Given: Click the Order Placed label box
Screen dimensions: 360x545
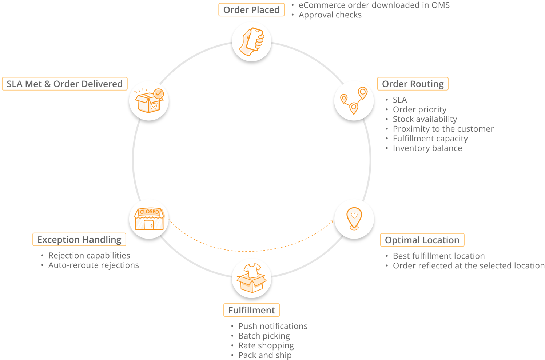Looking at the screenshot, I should pyautogui.click(x=251, y=10).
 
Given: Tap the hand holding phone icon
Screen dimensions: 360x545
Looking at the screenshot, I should pyautogui.click(x=251, y=41).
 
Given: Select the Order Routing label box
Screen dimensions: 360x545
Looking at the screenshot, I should pyautogui.click(x=413, y=84).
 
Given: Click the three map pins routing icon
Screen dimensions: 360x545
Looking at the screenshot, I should pyautogui.click(x=354, y=100).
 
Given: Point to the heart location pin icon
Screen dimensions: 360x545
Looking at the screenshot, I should pyautogui.click(x=354, y=219).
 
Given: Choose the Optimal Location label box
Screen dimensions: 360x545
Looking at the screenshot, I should pyautogui.click(x=422, y=240).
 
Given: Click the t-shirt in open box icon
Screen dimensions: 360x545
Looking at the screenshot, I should pyautogui.click(x=251, y=278).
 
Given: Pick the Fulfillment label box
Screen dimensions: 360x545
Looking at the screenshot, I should pyautogui.click(x=251, y=310).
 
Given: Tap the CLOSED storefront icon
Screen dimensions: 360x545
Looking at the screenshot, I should pyautogui.click(x=149, y=219).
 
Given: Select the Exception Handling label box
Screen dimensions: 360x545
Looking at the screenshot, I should pyautogui.click(x=79, y=240).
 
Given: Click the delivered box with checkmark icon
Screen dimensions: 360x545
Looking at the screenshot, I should pyautogui.click(x=149, y=100).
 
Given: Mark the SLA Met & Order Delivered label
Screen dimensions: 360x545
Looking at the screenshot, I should pyautogui.click(x=65, y=84).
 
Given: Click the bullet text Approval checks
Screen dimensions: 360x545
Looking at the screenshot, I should pyautogui.click(x=330, y=15).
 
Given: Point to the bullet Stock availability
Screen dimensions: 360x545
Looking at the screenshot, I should pyautogui.click(x=425, y=119).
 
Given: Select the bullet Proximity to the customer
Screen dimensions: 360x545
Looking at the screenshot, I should pyautogui.click(x=443, y=129).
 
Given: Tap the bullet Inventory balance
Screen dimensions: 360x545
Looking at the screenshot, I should pyautogui.click(x=427, y=148).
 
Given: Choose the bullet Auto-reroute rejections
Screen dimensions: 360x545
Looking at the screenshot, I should pyautogui.click(x=94, y=265).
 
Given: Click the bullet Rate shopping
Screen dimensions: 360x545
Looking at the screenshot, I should pyautogui.click(x=266, y=345).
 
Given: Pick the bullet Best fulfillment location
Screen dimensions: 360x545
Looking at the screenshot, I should pyautogui.click(x=438, y=256).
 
